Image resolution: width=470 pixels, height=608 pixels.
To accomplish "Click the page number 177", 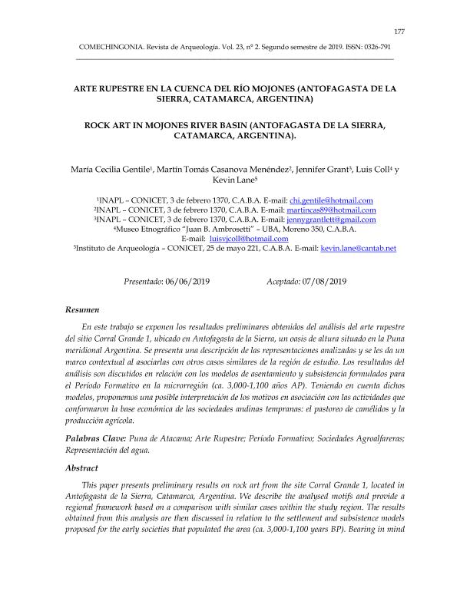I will click(399, 31).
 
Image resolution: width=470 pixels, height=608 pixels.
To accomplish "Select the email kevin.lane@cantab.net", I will click(357, 249).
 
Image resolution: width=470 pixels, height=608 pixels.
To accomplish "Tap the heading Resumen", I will click(83, 309).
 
